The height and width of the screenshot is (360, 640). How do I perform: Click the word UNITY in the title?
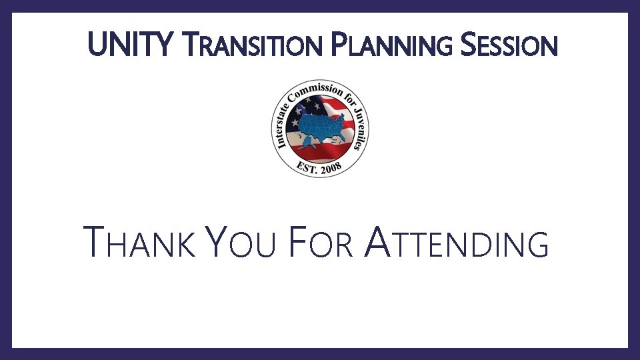[128, 46]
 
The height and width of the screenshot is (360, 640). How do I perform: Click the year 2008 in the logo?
[329, 168]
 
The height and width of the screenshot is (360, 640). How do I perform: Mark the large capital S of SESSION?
[469, 46]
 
